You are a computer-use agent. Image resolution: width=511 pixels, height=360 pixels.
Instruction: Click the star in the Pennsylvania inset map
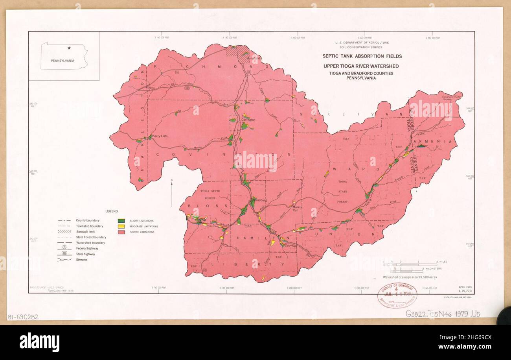click(69, 48)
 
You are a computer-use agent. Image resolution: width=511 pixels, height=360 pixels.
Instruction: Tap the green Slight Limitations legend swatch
click(122, 221)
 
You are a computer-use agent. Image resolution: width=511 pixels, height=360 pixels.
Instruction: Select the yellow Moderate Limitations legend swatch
click(122, 226)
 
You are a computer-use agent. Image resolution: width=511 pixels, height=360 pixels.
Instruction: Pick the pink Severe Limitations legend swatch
click(122, 232)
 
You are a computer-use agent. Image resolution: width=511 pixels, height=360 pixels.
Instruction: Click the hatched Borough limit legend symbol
click(64, 232)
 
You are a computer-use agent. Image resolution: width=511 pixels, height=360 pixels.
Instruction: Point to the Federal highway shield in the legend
click(64, 248)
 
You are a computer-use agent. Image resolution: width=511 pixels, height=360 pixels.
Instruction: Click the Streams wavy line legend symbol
click(64, 260)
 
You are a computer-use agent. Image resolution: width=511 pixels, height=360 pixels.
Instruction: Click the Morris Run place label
click(297, 209)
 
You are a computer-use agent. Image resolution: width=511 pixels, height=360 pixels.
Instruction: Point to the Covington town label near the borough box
click(248, 120)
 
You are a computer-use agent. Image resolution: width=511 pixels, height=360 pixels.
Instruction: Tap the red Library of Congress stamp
click(397, 295)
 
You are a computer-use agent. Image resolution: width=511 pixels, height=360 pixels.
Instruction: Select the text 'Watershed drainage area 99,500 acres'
click(410, 277)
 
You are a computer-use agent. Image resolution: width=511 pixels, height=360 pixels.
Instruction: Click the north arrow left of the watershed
click(172, 193)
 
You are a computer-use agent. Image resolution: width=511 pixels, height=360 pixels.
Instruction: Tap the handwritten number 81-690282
click(23, 317)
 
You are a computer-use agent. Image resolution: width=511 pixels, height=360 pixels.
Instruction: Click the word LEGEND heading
click(111, 211)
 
